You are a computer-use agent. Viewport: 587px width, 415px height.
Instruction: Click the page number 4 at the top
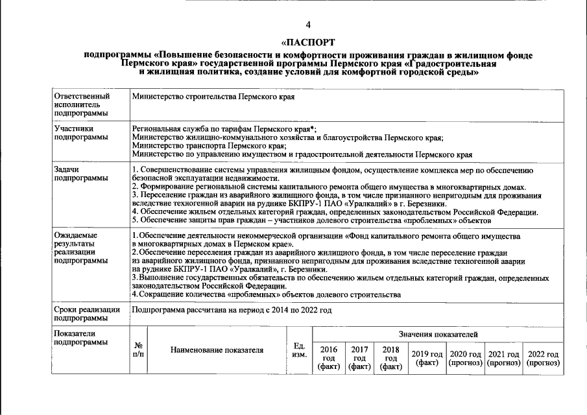pyautogui.click(x=308, y=25)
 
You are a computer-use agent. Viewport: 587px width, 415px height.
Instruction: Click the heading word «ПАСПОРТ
pyautogui.click(x=308, y=43)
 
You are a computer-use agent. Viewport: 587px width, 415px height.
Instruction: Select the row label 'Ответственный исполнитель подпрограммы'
pyautogui.click(x=81, y=104)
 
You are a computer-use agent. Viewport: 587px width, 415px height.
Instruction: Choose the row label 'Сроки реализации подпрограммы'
pyautogui.click(x=87, y=314)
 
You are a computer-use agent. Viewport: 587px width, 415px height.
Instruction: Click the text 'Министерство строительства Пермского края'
pyautogui.click(x=213, y=97)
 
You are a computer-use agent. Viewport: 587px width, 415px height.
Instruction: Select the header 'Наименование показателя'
pyautogui.click(x=217, y=350)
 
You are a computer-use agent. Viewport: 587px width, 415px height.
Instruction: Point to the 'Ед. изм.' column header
pyautogui.click(x=299, y=350)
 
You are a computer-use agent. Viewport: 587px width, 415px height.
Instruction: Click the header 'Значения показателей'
pyautogui.click(x=438, y=334)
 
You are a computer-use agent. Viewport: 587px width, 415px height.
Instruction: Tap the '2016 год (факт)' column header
pyautogui.click(x=329, y=358)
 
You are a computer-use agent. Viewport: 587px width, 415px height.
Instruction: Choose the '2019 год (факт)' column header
pyautogui.click(x=427, y=358)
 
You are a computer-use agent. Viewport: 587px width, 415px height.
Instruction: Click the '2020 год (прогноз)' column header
pyautogui.click(x=466, y=358)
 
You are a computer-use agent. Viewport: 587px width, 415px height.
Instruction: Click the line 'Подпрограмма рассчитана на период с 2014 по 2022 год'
pyautogui.click(x=232, y=310)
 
